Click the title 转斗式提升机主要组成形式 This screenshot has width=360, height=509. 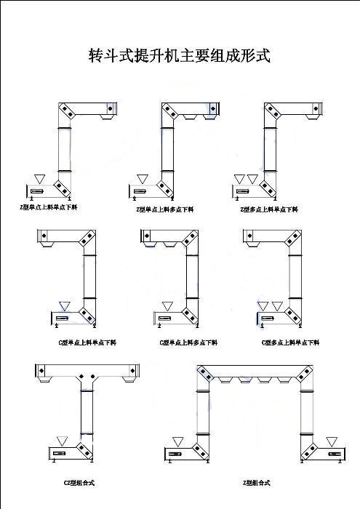[x=179, y=56]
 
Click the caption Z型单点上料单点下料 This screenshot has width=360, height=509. [x=48, y=208]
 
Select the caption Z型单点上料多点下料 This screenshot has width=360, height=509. [x=164, y=209]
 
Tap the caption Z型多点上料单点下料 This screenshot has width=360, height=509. [x=269, y=209]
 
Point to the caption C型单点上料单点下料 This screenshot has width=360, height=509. [x=87, y=342]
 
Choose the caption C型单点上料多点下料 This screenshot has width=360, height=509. [x=188, y=342]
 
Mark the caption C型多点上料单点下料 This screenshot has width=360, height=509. [x=290, y=342]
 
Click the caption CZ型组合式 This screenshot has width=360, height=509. [x=79, y=483]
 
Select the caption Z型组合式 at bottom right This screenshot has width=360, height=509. [x=256, y=483]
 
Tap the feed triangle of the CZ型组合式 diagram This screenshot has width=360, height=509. [x=62, y=441]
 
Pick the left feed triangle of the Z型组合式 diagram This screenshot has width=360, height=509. [x=178, y=441]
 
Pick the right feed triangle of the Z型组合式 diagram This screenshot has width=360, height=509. [x=332, y=441]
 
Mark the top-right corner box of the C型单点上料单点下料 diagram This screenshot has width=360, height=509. [x=88, y=239]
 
